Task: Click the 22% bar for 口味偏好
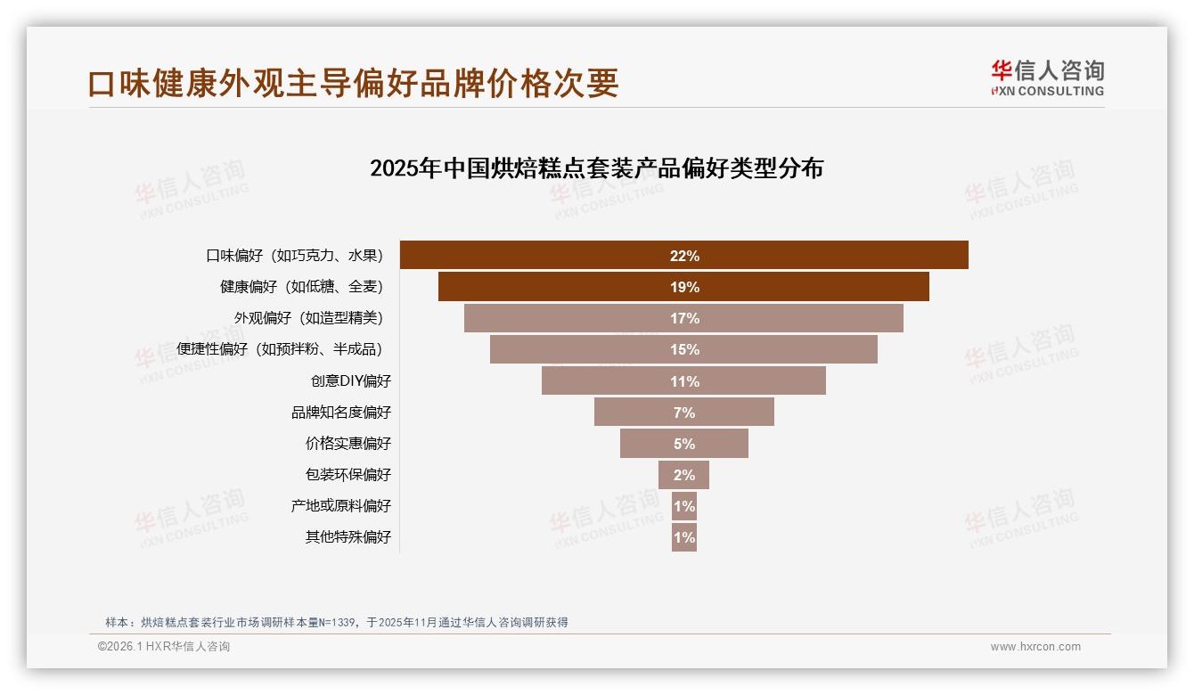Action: [x=683, y=256]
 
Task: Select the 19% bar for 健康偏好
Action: [x=683, y=287]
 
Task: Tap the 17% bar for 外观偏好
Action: [x=683, y=318]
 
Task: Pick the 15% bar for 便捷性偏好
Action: [x=683, y=349]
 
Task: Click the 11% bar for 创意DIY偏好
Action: [x=683, y=381]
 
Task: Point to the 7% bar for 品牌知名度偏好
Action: [x=683, y=413]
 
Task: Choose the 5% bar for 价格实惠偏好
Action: [x=683, y=444]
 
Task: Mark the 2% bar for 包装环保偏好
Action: [x=683, y=475]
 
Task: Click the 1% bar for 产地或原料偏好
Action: [x=683, y=506]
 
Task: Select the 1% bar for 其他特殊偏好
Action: [x=683, y=537]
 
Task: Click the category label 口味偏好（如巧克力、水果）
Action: [x=295, y=256]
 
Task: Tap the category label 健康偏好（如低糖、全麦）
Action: [x=302, y=287]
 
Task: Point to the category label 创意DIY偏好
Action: [x=350, y=381]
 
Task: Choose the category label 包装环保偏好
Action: [x=348, y=475]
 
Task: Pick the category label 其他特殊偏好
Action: [x=348, y=537]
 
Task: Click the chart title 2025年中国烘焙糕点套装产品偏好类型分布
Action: [x=596, y=168]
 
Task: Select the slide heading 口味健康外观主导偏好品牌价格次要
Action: [x=353, y=84]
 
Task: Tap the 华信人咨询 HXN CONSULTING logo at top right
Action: [x=1047, y=78]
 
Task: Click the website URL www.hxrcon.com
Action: [x=1035, y=647]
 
